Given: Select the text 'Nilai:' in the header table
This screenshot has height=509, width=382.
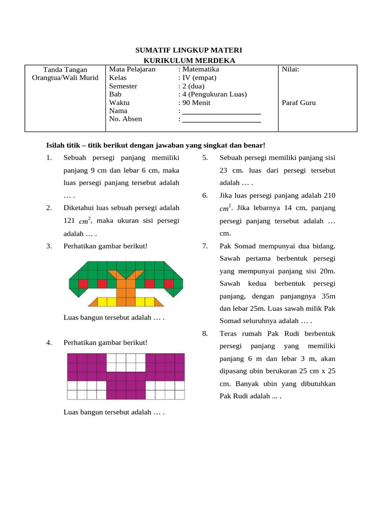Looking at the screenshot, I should (290, 70).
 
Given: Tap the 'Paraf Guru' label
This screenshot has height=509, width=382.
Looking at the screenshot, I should (299, 103).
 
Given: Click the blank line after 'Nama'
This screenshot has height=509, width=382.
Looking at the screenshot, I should (222, 111).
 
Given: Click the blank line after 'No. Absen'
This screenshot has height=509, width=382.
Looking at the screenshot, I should (222, 119).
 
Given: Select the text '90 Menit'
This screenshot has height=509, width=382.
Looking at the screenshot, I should (196, 103).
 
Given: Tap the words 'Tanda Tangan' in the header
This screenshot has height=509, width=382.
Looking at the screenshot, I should (65, 70).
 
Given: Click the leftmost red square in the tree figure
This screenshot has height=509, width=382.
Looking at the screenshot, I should (83, 283).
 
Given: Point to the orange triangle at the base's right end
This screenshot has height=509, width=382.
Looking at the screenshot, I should (159, 302).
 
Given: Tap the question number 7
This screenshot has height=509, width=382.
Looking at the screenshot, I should (205, 246).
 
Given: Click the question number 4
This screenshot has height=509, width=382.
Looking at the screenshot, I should (48, 342).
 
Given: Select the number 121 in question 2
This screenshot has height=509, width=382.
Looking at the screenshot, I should (69, 220).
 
